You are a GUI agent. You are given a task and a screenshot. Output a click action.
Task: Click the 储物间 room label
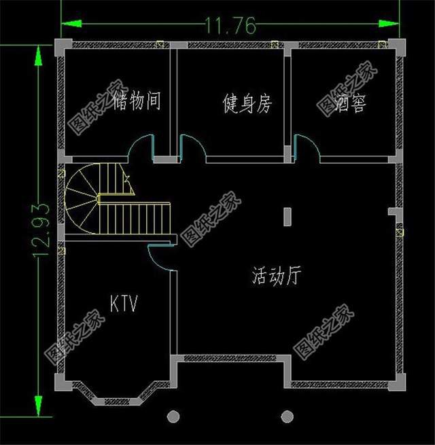[x=137, y=102]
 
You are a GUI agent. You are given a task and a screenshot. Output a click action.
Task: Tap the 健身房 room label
[x=247, y=104]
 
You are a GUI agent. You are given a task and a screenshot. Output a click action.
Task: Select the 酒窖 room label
[x=349, y=104]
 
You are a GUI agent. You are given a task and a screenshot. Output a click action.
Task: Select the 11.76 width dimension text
[x=230, y=26]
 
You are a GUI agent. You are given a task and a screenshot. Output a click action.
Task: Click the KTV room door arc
[x=160, y=257]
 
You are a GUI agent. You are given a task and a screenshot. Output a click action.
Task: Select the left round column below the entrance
[x=174, y=416]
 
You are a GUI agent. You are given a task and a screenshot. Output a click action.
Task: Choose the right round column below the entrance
[x=288, y=416]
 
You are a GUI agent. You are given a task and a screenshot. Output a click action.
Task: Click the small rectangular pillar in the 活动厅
[x=288, y=217]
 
